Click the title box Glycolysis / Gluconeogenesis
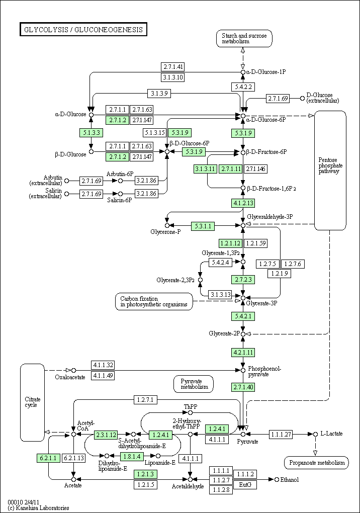tap(83, 30)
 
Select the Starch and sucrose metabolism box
tap(244, 39)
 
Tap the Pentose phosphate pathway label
tap(330, 165)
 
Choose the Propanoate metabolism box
tap(316, 463)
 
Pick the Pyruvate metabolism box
tap(194, 384)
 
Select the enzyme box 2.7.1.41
tap(172, 67)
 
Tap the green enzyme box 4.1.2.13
tap(243, 203)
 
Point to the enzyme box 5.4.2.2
tap(243, 88)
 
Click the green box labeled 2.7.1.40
tap(243, 387)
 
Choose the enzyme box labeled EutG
tap(245, 485)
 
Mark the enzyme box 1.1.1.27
tap(281, 434)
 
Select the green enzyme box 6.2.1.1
tap(48, 458)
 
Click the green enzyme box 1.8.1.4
tap(132, 456)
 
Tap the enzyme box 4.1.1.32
tap(103, 365)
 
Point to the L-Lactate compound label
tap(331, 434)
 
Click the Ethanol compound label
tap(289, 480)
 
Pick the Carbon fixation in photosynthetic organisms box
tap(153, 301)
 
